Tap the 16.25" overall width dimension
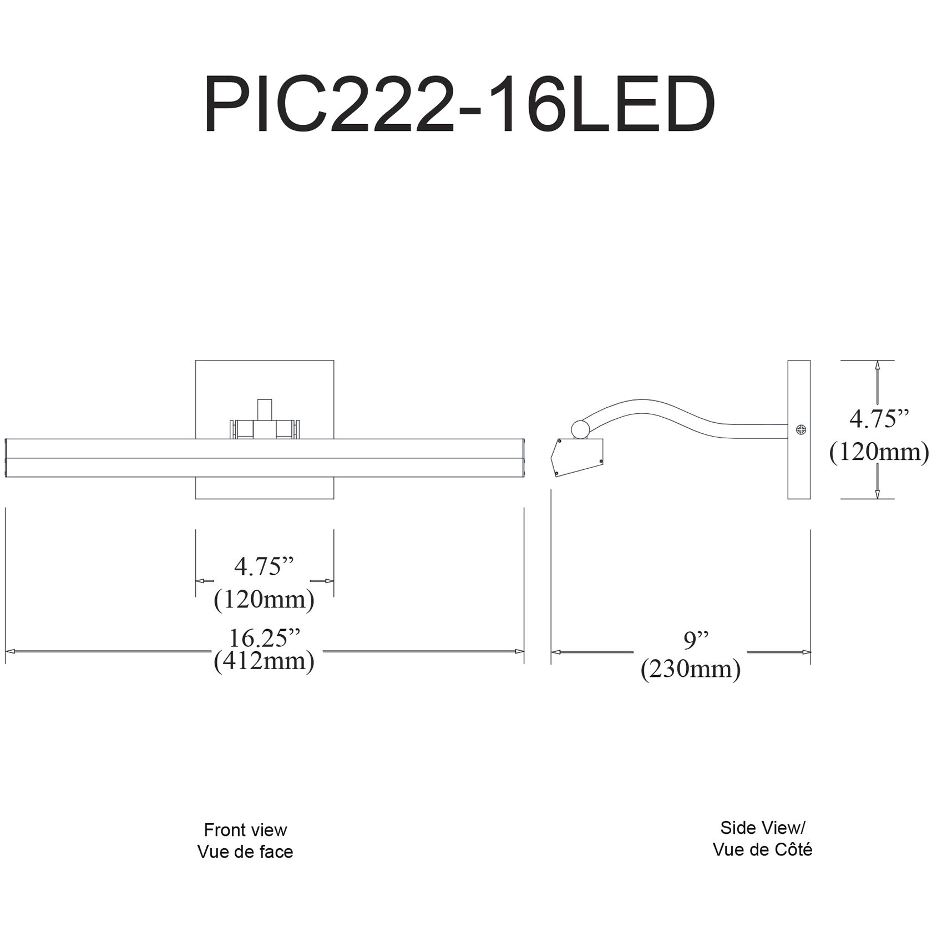(264, 639)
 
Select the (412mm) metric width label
(264, 661)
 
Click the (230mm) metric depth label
(690, 670)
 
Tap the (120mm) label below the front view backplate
(264, 600)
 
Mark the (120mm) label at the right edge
(879, 452)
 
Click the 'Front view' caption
(245, 830)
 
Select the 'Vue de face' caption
(245, 852)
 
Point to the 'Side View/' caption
(762, 828)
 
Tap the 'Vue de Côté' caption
(762, 849)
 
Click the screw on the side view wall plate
(801, 429)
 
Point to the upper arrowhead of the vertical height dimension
(877, 366)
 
